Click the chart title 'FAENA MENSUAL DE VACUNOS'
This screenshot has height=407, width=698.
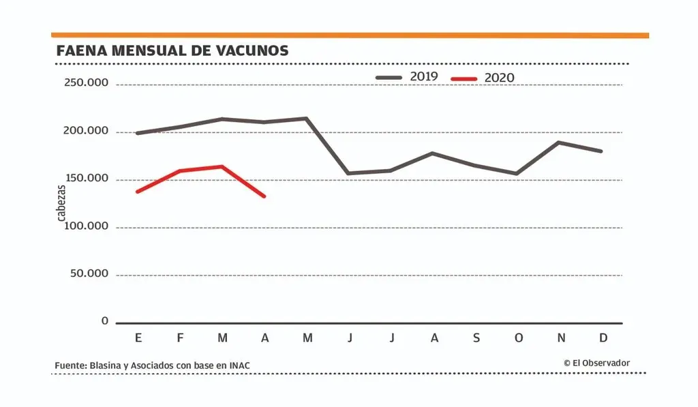click(x=172, y=50)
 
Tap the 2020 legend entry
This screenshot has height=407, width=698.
click(x=483, y=78)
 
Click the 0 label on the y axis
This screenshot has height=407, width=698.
click(x=104, y=320)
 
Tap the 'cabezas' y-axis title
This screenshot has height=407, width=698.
click(x=61, y=202)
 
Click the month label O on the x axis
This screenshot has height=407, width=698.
click(x=518, y=338)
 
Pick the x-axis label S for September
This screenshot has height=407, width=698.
click(x=476, y=338)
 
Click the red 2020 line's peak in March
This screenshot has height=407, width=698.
click(x=222, y=166)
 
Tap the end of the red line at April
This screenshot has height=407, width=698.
click(x=264, y=196)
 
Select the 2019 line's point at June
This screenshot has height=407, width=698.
click(x=349, y=173)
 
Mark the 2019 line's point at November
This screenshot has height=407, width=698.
click(x=559, y=142)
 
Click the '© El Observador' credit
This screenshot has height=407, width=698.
click(x=596, y=363)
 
